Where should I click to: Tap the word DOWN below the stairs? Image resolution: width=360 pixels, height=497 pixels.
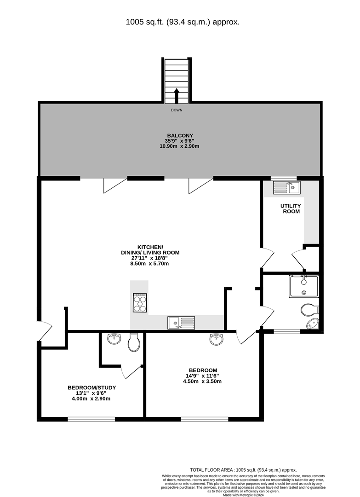(177, 110)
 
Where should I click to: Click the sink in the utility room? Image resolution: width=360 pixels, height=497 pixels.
(286, 187)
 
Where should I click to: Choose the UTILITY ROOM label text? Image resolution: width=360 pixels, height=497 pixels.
(291, 208)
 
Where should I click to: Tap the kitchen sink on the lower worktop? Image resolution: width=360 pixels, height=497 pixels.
(181, 323)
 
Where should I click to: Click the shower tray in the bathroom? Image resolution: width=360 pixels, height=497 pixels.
(303, 286)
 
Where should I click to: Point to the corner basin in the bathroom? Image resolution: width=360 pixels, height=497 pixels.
(314, 324)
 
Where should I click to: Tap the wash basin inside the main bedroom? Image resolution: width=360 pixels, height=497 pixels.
(217, 340)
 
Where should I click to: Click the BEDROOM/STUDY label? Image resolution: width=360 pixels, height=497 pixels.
(92, 387)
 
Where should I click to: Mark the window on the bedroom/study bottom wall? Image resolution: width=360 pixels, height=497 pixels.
(91, 419)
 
